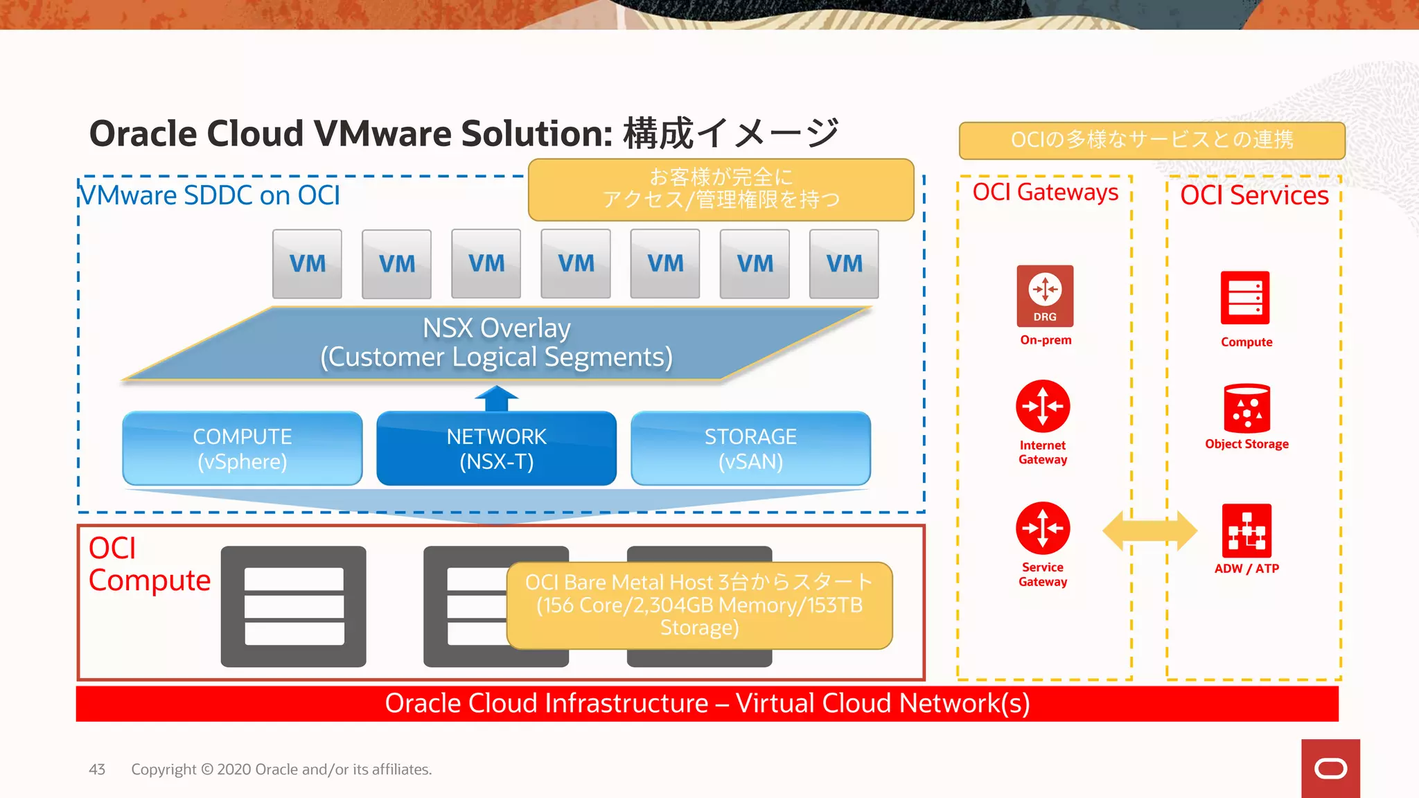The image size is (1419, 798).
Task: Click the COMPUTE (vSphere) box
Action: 243,448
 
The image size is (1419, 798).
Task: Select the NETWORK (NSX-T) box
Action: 496,448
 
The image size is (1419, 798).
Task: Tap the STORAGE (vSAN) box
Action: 750,448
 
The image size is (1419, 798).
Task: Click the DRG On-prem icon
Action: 1045,296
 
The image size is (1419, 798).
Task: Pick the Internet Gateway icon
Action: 1043,407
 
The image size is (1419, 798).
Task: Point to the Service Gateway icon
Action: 1043,529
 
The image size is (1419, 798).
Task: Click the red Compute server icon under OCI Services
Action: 1245,298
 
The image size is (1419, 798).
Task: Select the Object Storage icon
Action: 1246,409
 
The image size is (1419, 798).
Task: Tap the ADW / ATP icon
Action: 1246,531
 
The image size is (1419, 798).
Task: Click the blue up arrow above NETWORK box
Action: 496,399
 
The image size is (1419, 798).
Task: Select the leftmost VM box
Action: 307,264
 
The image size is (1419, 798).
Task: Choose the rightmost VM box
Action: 844,264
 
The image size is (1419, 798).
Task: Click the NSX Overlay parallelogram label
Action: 496,343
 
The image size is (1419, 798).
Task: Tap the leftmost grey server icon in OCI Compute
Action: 294,607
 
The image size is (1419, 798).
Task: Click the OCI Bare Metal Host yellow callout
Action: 699,605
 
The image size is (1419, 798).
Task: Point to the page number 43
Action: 97,770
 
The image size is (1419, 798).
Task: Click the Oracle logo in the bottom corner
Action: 1330,768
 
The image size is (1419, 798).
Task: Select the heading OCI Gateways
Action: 1045,192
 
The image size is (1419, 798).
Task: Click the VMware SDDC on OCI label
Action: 210,195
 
